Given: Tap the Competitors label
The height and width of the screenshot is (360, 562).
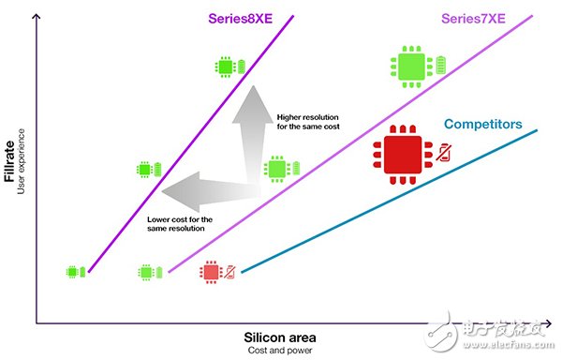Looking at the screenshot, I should point(482,123).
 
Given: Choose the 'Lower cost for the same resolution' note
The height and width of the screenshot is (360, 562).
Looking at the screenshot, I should point(180,224).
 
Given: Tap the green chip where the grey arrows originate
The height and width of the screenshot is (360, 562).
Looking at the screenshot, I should point(275,170).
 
